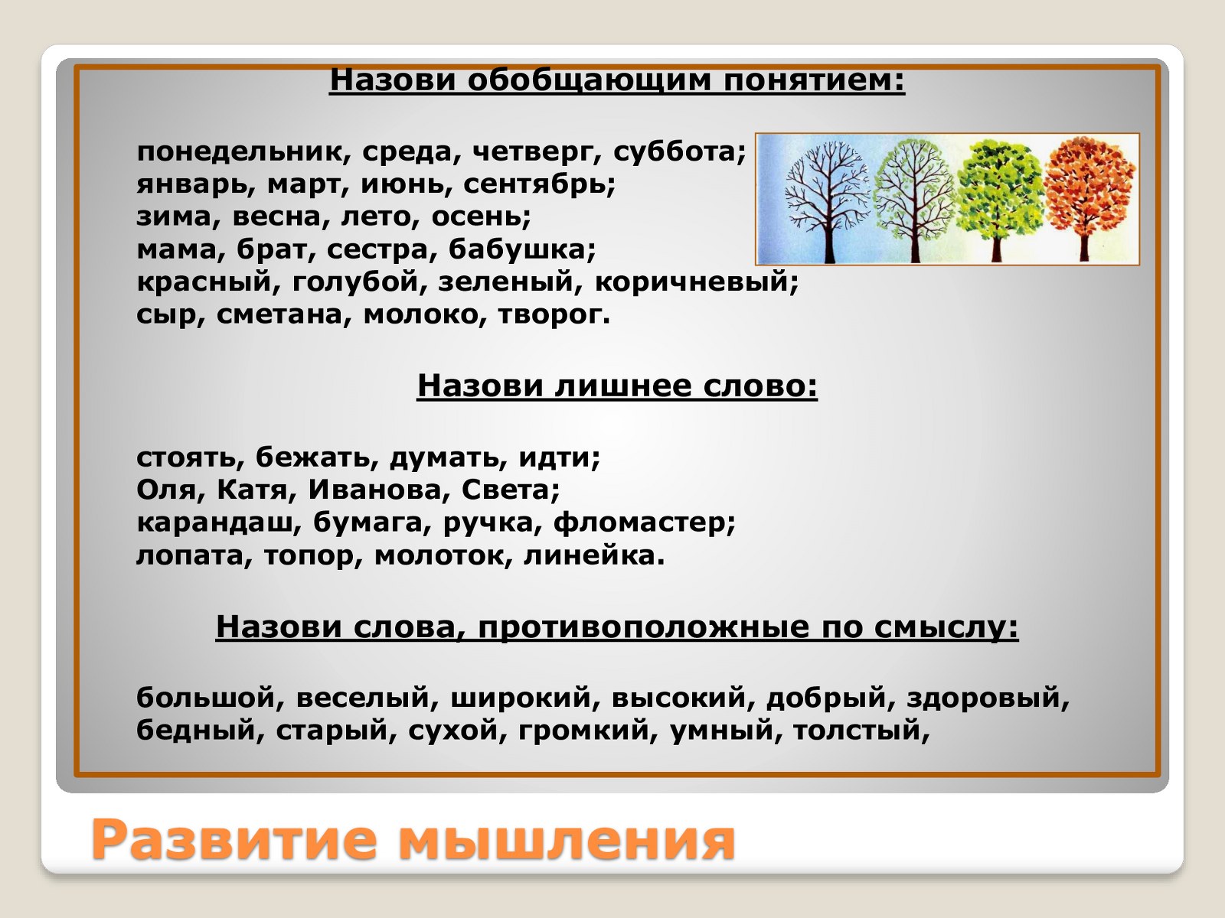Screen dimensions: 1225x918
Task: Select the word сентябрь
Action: click(535, 184)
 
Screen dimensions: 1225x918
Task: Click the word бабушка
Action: click(518, 249)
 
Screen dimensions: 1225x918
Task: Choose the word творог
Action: click(550, 315)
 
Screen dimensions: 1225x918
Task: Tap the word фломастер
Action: click(640, 522)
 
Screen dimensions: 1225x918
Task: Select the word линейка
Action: click(590, 555)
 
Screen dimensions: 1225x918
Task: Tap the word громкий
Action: click(583, 731)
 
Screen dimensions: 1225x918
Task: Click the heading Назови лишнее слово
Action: click(617, 385)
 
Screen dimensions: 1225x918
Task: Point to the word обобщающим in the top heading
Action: click(590, 81)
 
